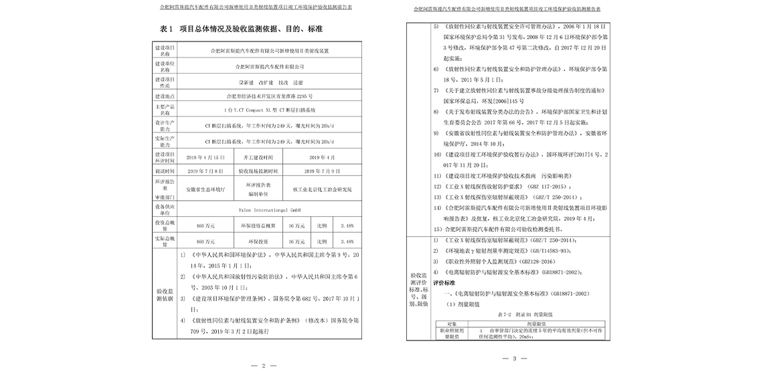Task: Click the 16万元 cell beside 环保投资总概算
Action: point(296,225)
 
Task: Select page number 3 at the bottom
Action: point(515,359)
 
